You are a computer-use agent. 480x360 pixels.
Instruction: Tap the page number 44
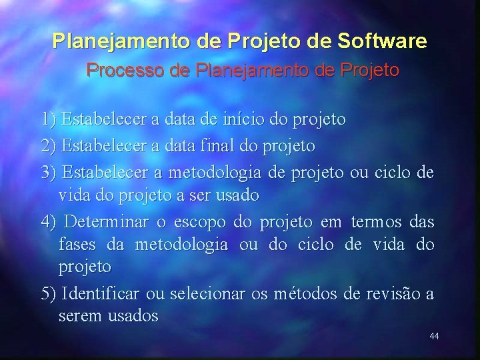(x=434, y=336)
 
